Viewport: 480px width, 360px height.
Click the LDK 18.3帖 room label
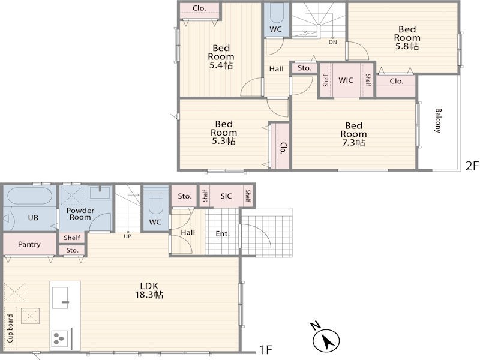pos(149,290)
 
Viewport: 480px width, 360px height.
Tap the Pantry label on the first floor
pos(29,244)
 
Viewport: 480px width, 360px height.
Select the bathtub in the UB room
pos(29,196)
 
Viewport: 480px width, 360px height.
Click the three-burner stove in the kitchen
pos(59,338)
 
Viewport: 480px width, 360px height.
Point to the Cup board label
pos(10,328)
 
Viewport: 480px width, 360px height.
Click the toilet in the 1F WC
pos(155,203)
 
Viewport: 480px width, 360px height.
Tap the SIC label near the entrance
pos(226,196)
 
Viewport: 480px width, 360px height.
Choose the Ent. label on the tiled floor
pos(223,234)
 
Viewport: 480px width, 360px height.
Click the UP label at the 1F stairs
pos(127,236)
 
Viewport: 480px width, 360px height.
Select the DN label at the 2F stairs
pos(333,42)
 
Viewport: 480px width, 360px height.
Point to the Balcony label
pos(438,121)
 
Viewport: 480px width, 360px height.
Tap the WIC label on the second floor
pos(346,80)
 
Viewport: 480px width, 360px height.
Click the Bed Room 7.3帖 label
pos(353,134)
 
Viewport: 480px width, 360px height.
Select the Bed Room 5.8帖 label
pos(407,38)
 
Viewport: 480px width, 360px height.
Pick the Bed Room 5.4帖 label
pos(221,56)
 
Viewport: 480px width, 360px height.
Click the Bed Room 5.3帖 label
pos(224,133)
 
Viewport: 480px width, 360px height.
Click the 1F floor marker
pos(266,349)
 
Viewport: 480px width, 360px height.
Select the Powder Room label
pos(80,214)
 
